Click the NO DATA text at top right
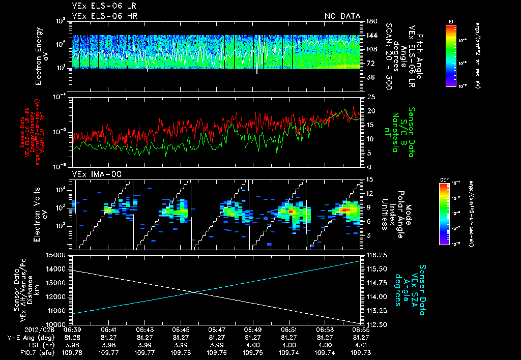coord(342,16)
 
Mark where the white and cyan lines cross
coord(194,292)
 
